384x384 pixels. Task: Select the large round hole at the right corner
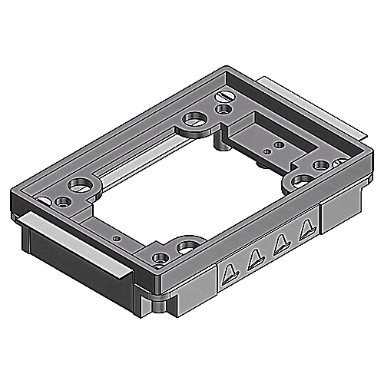[300, 180]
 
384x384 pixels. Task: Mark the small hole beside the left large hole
[61, 202]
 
